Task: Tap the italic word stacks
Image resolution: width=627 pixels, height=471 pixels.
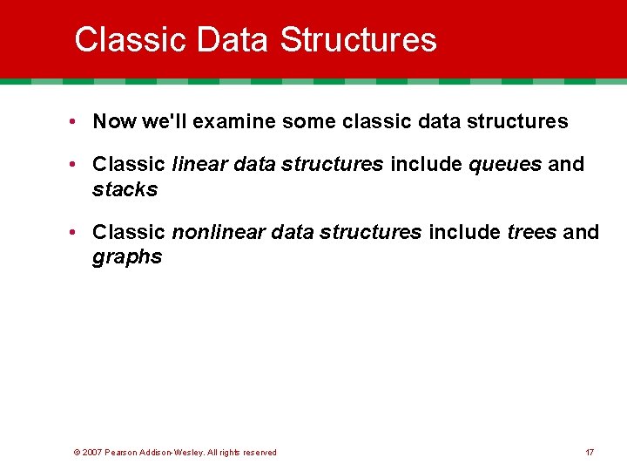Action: (x=125, y=189)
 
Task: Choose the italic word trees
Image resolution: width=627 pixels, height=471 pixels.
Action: (x=530, y=232)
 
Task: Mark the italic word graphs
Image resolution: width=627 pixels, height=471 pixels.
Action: (x=127, y=257)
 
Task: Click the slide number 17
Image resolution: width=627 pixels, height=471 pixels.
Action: (x=590, y=452)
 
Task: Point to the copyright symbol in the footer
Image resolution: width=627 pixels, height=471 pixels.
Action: (x=77, y=452)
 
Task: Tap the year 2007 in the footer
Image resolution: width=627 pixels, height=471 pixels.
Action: (x=91, y=452)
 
